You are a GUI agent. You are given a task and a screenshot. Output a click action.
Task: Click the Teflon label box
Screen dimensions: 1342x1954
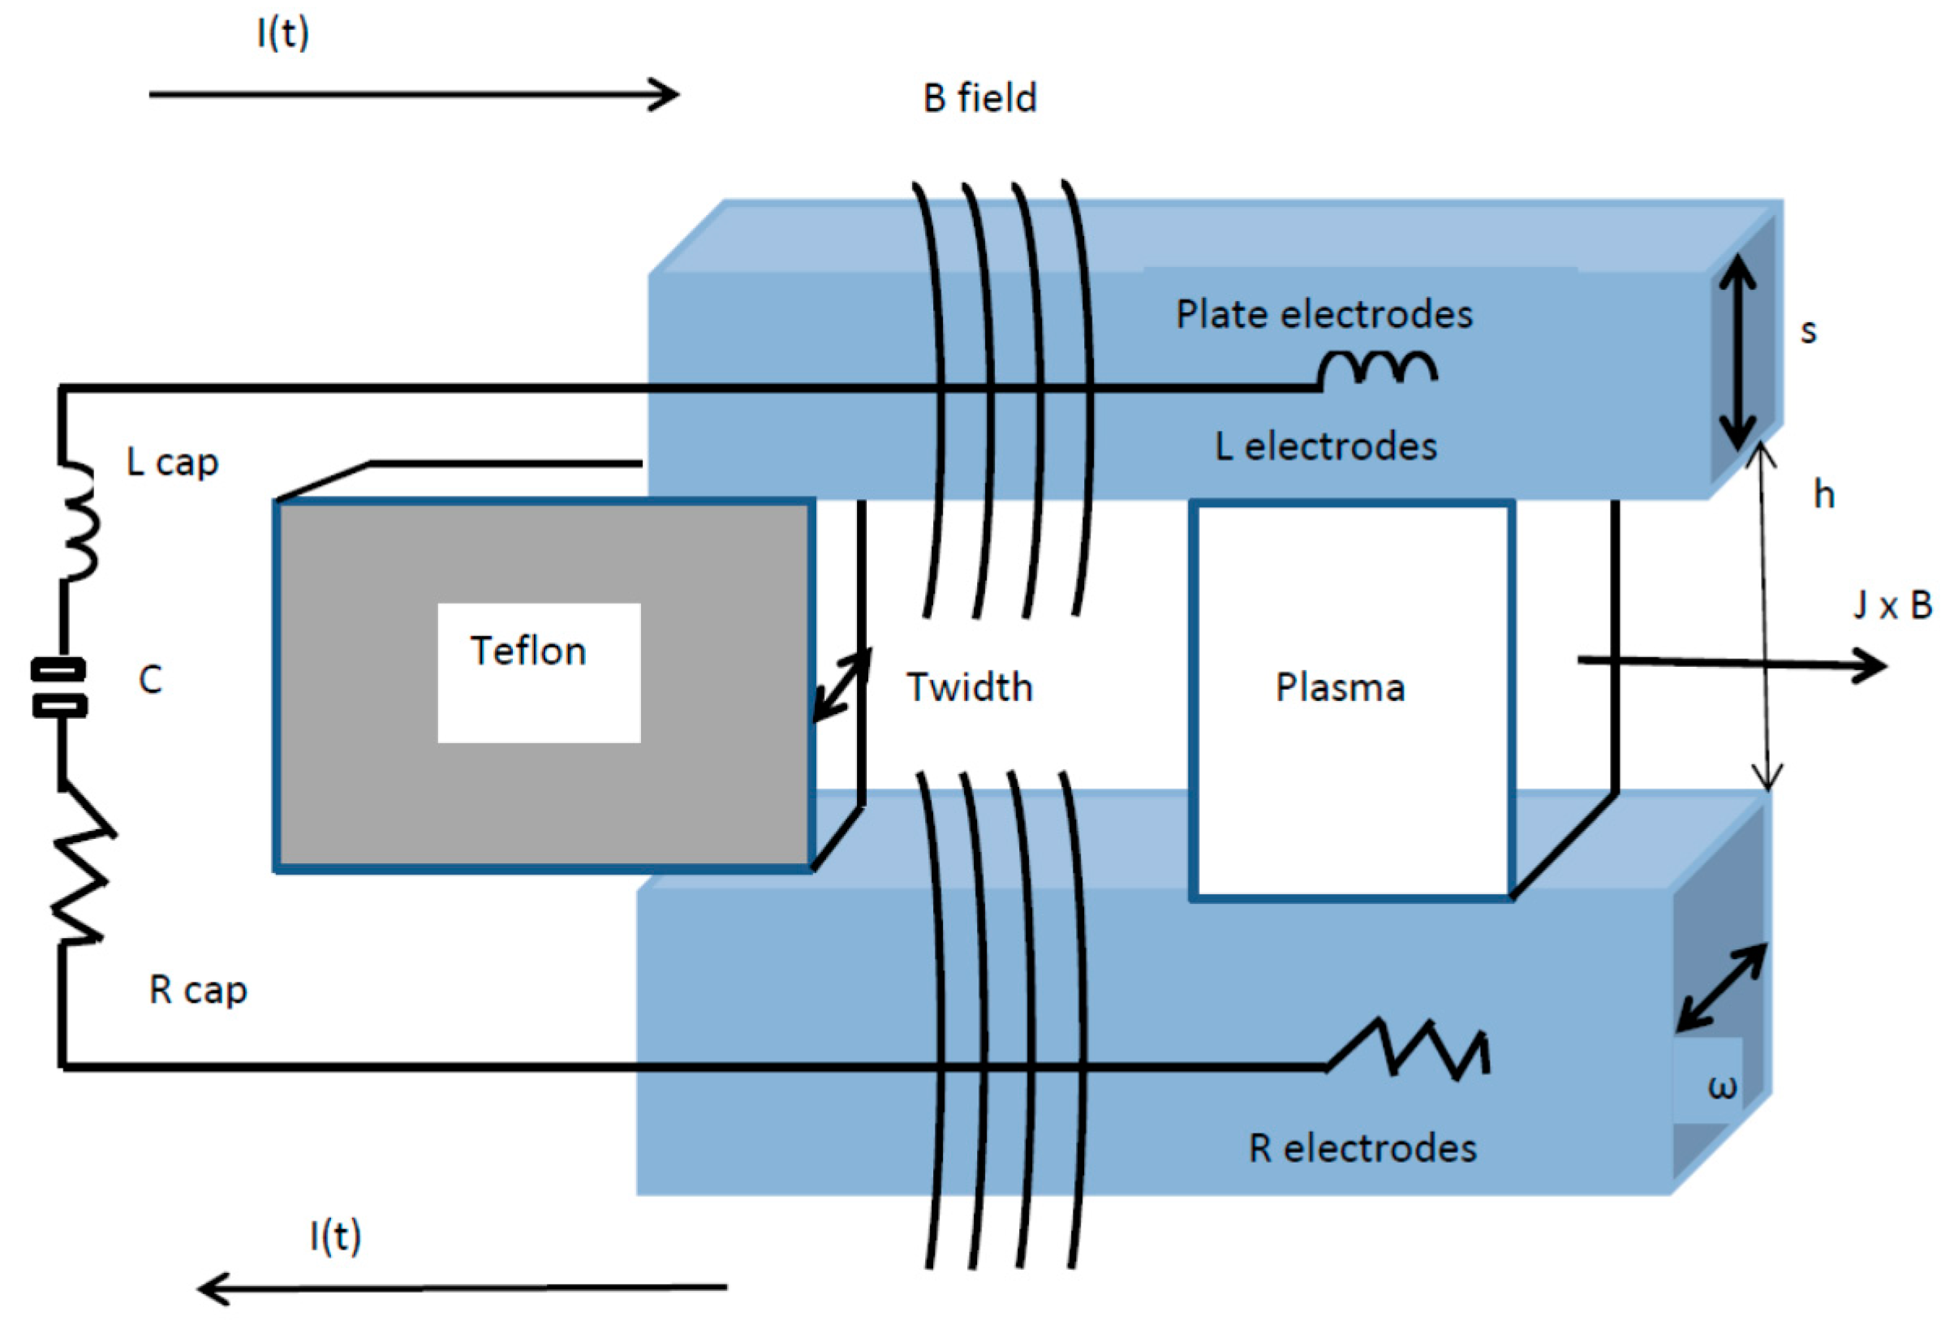[x=538, y=672]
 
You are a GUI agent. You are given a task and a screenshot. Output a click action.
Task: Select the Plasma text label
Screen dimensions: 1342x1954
[x=1340, y=688]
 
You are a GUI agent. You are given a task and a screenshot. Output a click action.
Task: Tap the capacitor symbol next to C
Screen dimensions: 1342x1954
[x=59, y=688]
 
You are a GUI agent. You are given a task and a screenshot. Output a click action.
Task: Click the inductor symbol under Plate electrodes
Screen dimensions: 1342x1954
[x=1377, y=370]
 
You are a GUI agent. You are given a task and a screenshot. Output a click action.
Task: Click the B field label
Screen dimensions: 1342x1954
[x=979, y=98]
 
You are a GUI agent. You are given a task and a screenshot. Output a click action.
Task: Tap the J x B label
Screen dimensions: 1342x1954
[x=1892, y=605]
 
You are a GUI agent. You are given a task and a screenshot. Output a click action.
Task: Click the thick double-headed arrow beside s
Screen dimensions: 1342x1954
[x=1737, y=351]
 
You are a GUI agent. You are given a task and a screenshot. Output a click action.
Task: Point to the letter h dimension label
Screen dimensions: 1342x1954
[x=1823, y=494]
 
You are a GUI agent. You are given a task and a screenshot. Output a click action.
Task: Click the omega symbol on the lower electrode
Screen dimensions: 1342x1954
[x=1722, y=1087]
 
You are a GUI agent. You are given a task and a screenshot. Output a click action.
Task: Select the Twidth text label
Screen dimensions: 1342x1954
[x=970, y=688]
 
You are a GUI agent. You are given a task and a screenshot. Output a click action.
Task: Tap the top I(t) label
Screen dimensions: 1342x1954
[x=283, y=33]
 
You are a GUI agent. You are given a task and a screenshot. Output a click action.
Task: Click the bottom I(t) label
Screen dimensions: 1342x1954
[x=335, y=1236]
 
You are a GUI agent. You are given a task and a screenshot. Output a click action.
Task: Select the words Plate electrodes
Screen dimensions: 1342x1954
[x=1323, y=315]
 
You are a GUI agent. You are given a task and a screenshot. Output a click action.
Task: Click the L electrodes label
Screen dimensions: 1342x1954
[x=1326, y=446]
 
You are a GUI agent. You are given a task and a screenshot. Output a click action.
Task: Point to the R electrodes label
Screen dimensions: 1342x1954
[x=1362, y=1149]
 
